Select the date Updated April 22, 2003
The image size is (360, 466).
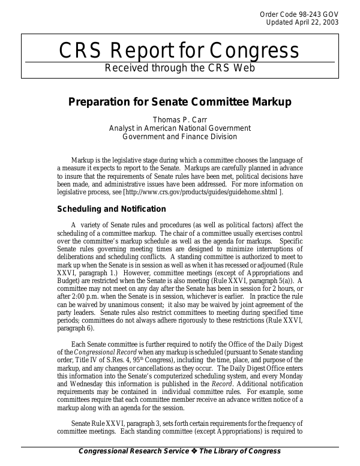302,22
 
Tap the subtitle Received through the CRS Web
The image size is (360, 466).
180,68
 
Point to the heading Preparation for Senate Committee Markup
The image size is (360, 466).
180,102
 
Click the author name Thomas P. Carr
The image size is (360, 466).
180,119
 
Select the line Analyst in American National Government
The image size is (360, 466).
180,128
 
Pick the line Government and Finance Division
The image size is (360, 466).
180,136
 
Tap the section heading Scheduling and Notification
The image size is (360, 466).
111,209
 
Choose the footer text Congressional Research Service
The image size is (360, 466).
130,451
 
